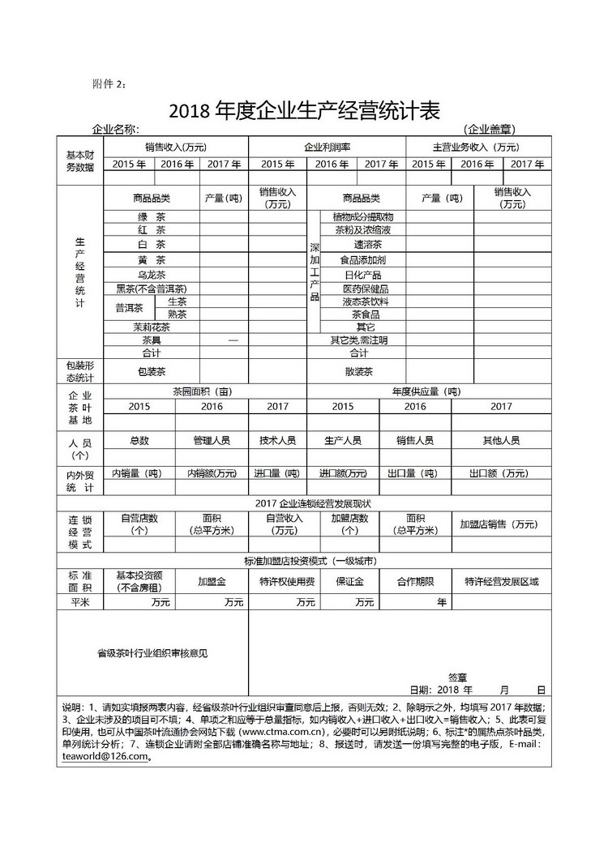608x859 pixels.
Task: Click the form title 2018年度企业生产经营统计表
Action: tap(304, 110)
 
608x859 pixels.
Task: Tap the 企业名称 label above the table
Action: tap(116, 130)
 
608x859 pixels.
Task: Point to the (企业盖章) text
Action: tap(490, 130)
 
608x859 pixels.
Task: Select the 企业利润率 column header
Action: tap(327, 147)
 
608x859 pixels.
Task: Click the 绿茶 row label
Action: tap(152, 217)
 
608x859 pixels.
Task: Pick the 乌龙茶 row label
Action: tap(152, 276)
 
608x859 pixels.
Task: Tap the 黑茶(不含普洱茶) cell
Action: tap(152, 288)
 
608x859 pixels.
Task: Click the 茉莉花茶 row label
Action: tap(152, 327)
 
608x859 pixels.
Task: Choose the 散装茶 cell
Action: tap(358, 372)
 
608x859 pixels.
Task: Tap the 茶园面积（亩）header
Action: tap(202, 391)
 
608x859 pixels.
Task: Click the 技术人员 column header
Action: tap(277, 441)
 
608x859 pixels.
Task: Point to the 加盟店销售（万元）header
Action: tap(499, 524)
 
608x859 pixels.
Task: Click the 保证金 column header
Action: tap(349, 582)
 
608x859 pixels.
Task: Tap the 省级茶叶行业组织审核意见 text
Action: tap(152, 653)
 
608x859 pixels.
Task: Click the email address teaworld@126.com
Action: tap(105, 757)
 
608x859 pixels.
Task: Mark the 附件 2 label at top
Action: tap(109, 84)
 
